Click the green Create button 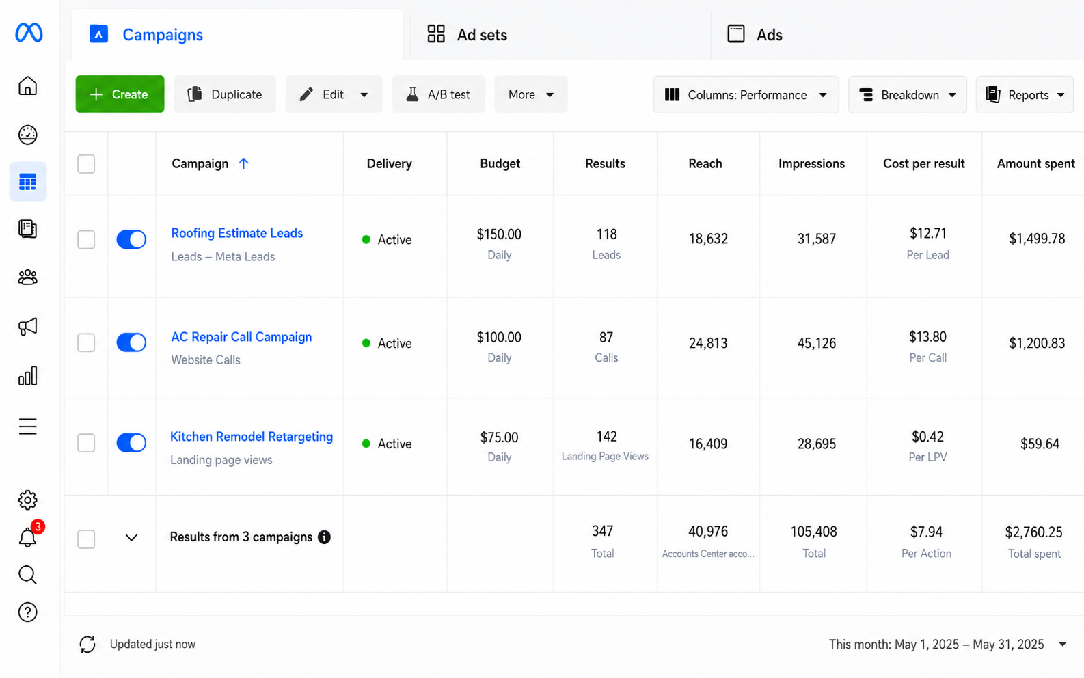[120, 94]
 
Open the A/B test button [438, 94]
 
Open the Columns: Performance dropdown [746, 94]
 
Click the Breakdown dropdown [908, 94]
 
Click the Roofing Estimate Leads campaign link [237, 233]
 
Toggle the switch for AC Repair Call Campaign [131, 342]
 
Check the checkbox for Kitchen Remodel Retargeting [86, 442]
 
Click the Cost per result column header [924, 163]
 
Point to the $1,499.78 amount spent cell [1037, 238]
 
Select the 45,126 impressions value [816, 343]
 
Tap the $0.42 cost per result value [927, 437]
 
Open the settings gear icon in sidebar [27, 500]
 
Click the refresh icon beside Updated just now [87, 644]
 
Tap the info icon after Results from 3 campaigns [324, 537]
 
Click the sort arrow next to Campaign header [243, 163]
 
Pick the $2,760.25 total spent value [1033, 532]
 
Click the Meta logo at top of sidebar [29, 32]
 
